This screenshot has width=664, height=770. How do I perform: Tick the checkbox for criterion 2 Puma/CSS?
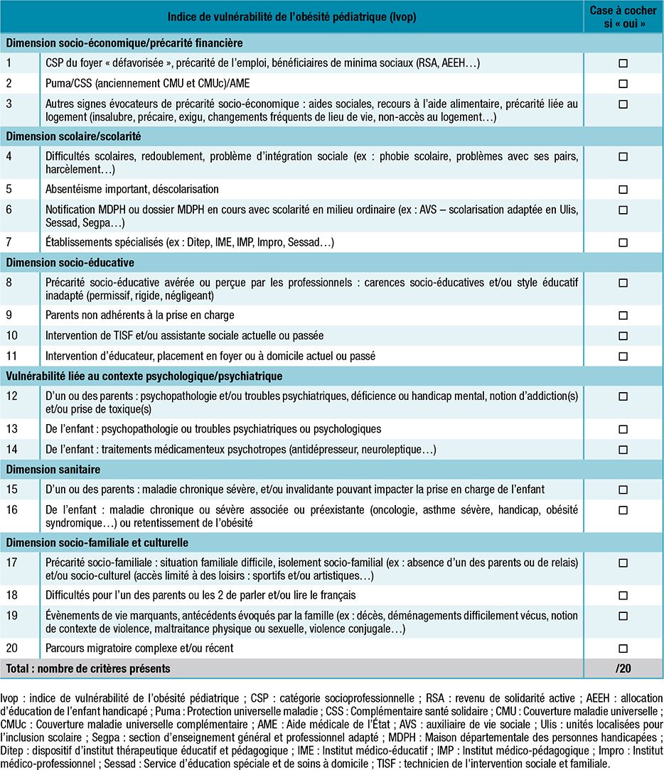click(x=623, y=84)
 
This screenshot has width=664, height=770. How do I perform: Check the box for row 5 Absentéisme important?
click(x=623, y=190)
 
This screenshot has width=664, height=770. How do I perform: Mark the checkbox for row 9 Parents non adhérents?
click(x=623, y=315)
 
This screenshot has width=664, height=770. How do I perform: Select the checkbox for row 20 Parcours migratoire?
click(x=623, y=649)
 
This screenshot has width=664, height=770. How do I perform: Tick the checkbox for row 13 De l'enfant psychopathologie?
click(x=623, y=430)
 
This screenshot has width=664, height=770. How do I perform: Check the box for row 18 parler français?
click(x=623, y=595)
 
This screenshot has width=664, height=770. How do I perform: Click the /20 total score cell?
click(x=623, y=668)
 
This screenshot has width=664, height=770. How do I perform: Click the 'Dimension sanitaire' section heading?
click(x=53, y=470)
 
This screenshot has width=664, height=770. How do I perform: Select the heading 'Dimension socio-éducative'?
click(x=60, y=263)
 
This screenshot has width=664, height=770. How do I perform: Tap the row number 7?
click(x=10, y=243)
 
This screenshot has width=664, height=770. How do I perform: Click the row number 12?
click(x=12, y=396)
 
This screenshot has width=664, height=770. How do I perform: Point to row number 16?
click(x=12, y=510)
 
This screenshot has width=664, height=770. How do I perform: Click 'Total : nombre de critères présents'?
click(x=89, y=668)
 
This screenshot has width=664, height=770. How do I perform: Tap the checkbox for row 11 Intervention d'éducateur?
click(x=623, y=356)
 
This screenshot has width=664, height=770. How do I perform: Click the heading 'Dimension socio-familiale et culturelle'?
click(x=97, y=543)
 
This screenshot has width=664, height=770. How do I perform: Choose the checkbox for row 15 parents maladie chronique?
click(x=623, y=490)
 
